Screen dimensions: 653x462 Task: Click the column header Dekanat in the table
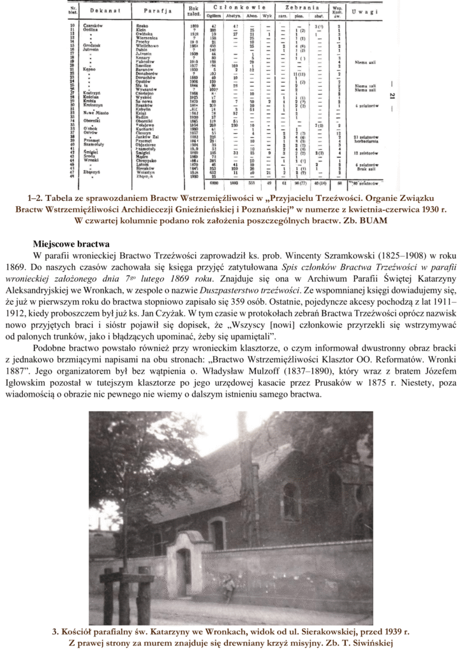point(97,11)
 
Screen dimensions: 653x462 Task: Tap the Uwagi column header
point(368,11)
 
